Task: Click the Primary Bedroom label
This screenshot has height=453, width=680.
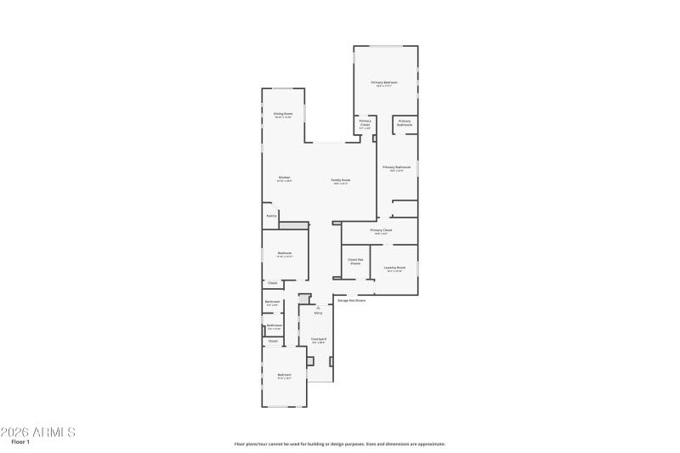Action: pyautogui.click(x=384, y=83)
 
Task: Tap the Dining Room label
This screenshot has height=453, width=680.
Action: pyautogui.click(x=283, y=114)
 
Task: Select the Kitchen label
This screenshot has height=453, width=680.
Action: pyautogui.click(x=284, y=178)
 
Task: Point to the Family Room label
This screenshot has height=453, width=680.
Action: pyautogui.click(x=341, y=180)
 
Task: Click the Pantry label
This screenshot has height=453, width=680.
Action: pyautogui.click(x=272, y=216)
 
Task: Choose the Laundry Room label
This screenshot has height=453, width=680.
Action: pyautogui.click(x=394, y=268)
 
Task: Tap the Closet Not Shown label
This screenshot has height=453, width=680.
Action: pyautogui.click(x=355, y=261)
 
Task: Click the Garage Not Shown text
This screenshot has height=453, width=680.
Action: pyautogui.click(x=352, y=300)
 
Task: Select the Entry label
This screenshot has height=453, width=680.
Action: pyautogui.click(x=319, y=314)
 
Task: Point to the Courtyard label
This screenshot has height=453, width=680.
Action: pyautogui.click(x=319, y=340)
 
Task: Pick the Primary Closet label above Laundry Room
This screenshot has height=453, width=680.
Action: pyautogui.click(x=381, y=230)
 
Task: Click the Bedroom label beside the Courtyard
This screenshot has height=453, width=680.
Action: pyautogui.click(x=284, y=376)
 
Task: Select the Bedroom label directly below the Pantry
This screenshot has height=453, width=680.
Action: pyautogui.click(x=285, y=253)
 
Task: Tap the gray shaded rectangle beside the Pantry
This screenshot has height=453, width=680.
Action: pyautogui.click(x=292, y=224)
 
